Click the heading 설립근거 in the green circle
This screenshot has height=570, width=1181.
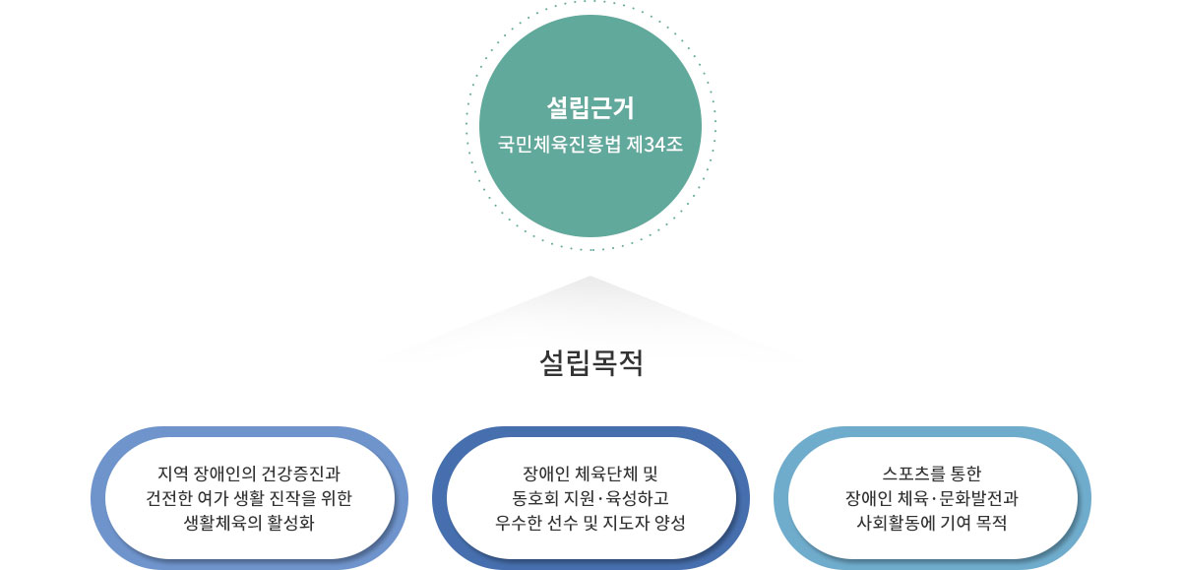point(590,107)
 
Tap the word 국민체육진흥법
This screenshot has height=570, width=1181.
point(559,144)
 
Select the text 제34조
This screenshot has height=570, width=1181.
point(654,144)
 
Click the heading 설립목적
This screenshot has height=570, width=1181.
point(591,362)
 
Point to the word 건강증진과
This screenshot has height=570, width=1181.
point(300,473)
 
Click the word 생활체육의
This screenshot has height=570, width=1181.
point(222,523)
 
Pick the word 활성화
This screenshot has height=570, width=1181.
point(291,523)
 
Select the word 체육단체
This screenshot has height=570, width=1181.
point(605,473)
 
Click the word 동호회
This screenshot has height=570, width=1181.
point(535,498)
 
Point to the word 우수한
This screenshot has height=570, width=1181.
point(519,523)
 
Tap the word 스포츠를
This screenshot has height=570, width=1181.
point(913,473)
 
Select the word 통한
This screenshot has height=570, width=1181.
point(965,473)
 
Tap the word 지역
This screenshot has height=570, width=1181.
point(173,473)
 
